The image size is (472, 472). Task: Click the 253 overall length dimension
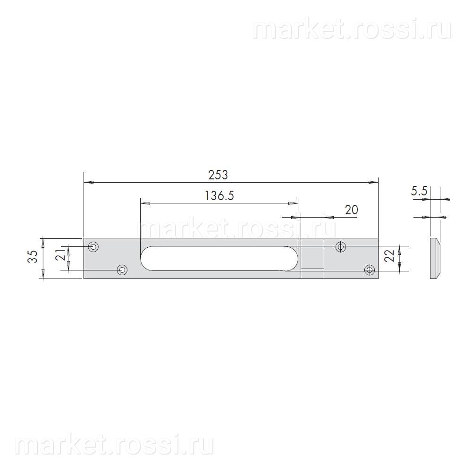pyautogui.click(x=218, y=175)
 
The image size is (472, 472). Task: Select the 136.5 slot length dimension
pyautogui.click(x=219, y=196)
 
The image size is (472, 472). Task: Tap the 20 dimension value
pyautogui.click(x=351, y=210)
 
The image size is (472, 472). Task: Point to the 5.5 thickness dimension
pyautogui.click(x=419, y=191)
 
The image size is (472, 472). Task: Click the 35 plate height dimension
pyautogui.click(x=33, y=256)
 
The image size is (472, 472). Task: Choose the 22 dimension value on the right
pyautogui.click(x=390, y=255)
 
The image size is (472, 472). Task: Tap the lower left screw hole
pyautogui.click(x=122, y=270)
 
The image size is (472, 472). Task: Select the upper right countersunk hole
pyautogui.click(x=341, y=247)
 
